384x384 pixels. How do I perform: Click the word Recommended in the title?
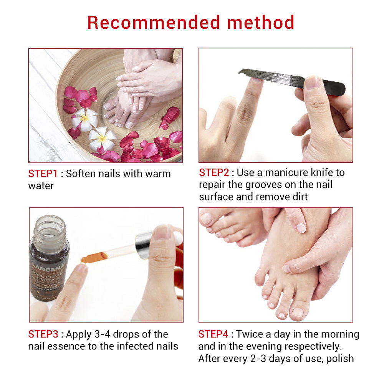pyautogui.click(x=154, y=23)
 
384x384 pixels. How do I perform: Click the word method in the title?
pyautogui.click(x=261, y=23)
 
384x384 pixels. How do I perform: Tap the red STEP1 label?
pyautogui.click(x=43, y=174)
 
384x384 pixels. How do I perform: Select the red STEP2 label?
pyautogui.click(x=214, y=173)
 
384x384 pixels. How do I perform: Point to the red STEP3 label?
pyautogui.click(x=43, y=334)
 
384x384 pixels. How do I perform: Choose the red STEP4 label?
pyautogui.click(x=213, y=334)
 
